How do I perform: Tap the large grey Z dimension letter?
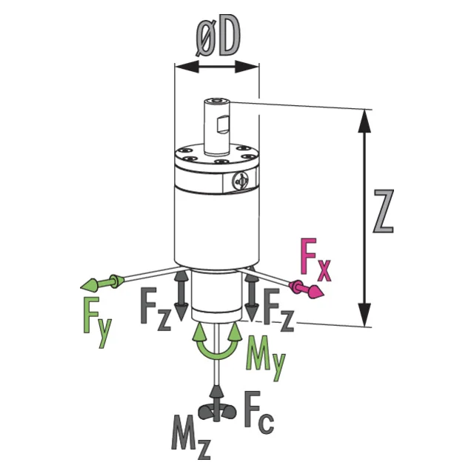click(x=383, y=211)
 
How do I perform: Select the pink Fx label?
click(x=316, y=260)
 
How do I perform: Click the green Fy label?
click(x=97, y=322)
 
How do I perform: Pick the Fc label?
click(x=259, y=413)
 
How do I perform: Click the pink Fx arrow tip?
click(x=324, y=294)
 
